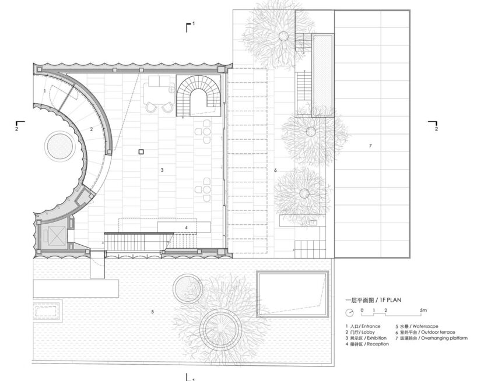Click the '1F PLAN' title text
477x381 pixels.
390,300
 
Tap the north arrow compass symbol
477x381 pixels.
349,312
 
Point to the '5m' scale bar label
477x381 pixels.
423,310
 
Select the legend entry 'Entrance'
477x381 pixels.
371,326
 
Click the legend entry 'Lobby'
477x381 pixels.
368,332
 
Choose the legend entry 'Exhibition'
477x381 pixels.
377,338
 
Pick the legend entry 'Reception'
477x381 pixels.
378,344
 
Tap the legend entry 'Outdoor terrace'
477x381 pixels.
438,332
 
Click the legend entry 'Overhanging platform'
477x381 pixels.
444,338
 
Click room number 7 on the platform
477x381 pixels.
370,146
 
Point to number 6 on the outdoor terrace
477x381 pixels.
275,170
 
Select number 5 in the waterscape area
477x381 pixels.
152,312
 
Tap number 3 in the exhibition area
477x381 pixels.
162,170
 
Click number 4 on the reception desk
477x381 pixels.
186,227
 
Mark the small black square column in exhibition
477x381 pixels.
141,151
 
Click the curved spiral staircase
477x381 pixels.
199,96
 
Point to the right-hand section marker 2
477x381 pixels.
434,125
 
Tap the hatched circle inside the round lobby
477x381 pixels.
59,146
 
